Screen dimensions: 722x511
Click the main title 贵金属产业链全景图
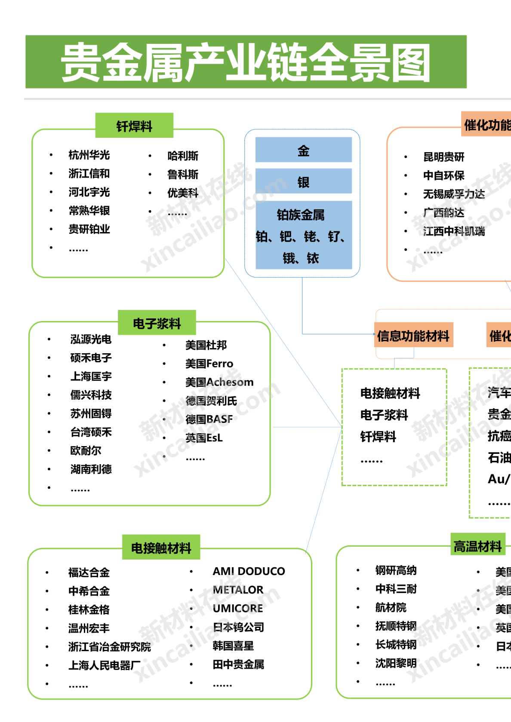click(x=246, y=62)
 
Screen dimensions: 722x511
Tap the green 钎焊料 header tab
click(x=134, y=126)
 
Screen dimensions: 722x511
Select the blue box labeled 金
click(x=303, y=150)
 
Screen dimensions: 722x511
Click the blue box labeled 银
click(x=303, y=182)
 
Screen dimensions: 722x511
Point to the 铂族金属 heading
click(x=301, y=214)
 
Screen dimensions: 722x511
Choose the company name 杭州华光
click(x=89, y=155)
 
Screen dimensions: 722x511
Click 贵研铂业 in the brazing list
click(x=89, y=229)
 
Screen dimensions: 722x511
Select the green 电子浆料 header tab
click(x=157, y=323)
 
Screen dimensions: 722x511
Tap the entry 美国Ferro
click(x=209, y=364)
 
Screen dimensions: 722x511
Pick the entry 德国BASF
click(x=209, y=419)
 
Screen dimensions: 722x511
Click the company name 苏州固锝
click(x=91, y=413)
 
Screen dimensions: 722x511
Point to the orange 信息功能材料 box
click(x=413, y=336)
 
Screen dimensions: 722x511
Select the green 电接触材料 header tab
click(x=161, y=548)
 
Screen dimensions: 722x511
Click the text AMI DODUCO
click(x=249, y=571)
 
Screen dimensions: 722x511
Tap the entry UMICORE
click(x=238, y=608)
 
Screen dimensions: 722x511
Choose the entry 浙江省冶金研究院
click(x=110, y=647)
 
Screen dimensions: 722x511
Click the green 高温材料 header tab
click(x=477, y=546)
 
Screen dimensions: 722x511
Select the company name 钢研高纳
click(x=396, y=570)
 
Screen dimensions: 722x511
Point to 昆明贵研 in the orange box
click(x=443, y=157)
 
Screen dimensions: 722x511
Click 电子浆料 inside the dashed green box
click(x=384, y=415)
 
